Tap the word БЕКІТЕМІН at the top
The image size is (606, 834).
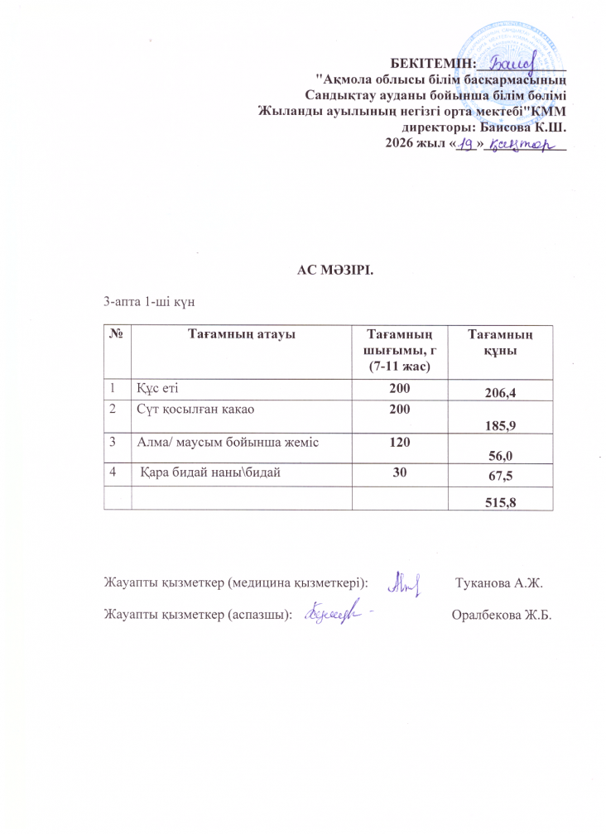pos(435,62)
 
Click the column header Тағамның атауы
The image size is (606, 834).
pos(242,333)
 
